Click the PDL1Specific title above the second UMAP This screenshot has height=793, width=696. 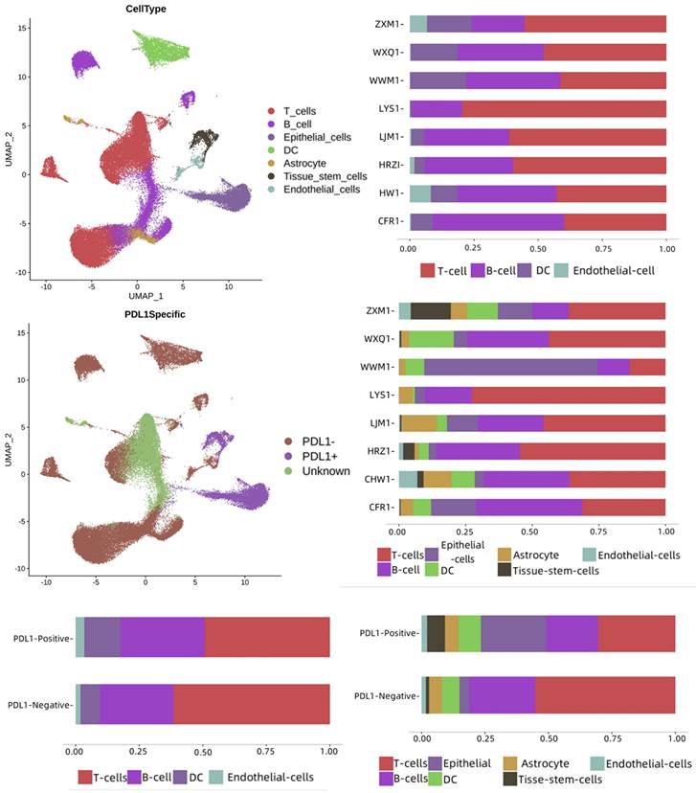point(146,311)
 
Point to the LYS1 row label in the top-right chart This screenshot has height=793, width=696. point(390,108)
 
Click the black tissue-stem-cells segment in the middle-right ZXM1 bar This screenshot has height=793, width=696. point(430,310)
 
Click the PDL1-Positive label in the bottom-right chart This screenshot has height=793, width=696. point(386,633)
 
